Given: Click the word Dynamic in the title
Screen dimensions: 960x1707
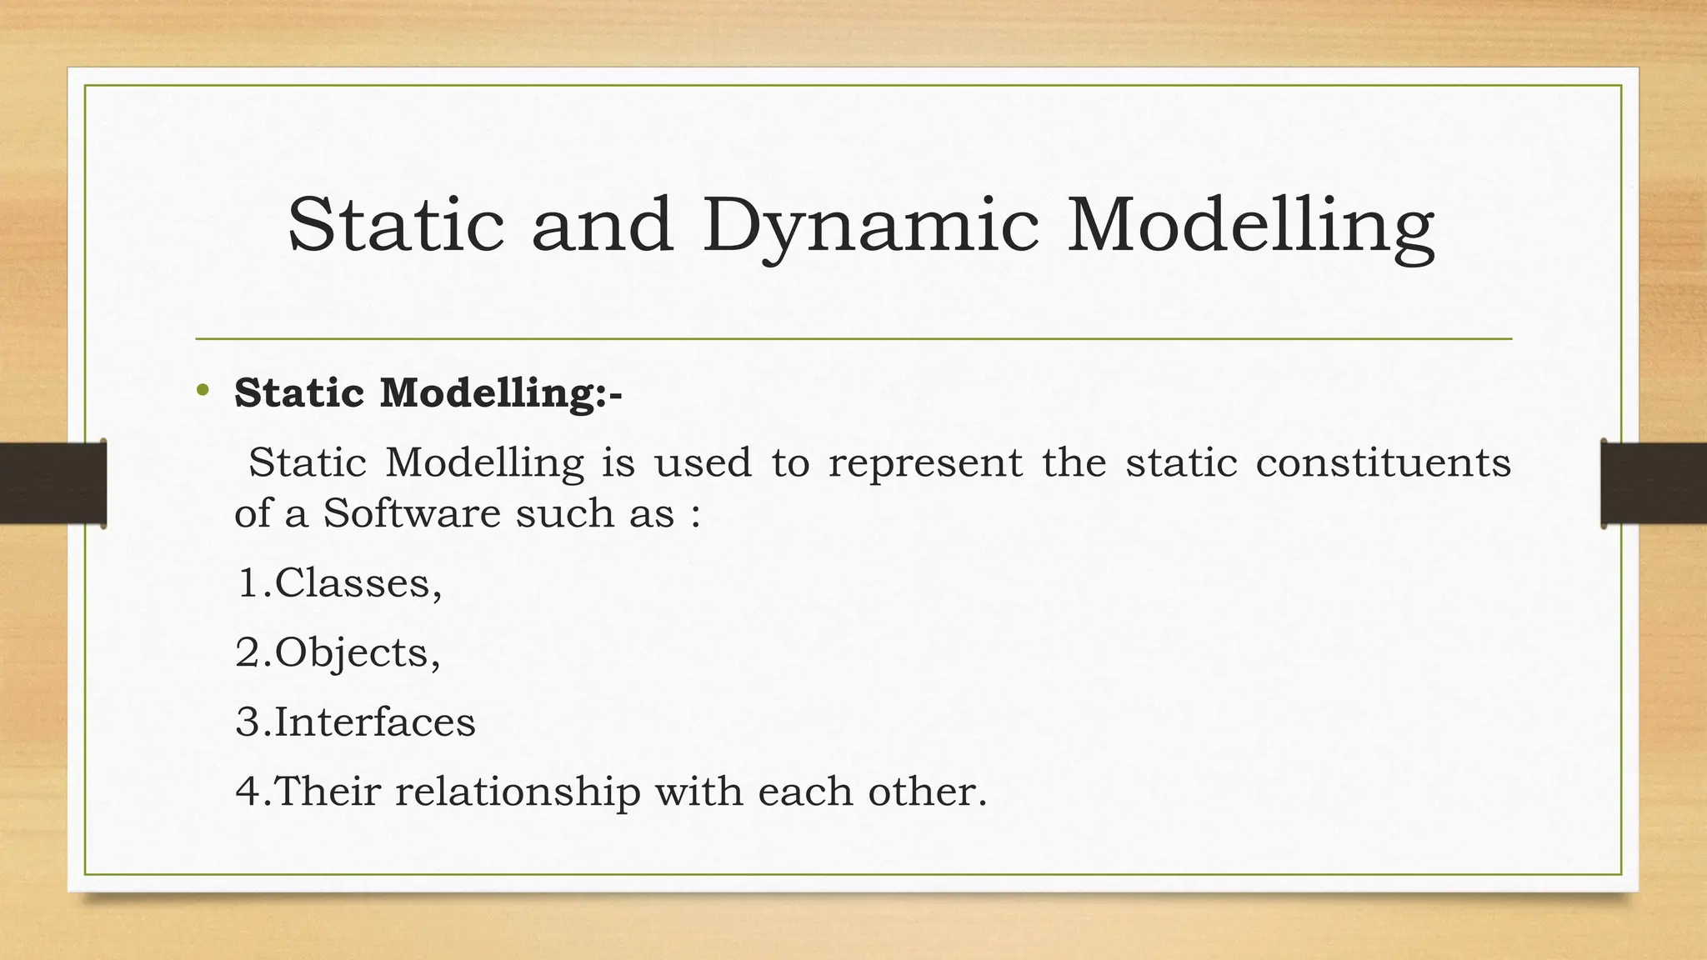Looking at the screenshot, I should pos(870,227).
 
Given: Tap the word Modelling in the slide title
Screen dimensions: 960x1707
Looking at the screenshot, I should pos(1250,227).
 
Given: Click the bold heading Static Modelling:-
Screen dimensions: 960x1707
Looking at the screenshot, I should pos(428,392).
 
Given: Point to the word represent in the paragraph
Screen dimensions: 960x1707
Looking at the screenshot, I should pos(925,462).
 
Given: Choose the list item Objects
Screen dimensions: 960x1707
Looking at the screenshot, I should pos(356,652).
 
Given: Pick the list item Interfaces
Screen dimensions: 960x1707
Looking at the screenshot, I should pos(373,722).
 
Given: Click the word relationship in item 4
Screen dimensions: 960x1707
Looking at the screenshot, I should pos(518,791).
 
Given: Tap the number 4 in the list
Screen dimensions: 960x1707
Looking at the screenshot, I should pos(248,792).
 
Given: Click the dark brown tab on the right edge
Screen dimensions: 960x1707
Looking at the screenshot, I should pos(1653,483).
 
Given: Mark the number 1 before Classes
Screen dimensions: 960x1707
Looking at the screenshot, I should pos(248,582).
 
